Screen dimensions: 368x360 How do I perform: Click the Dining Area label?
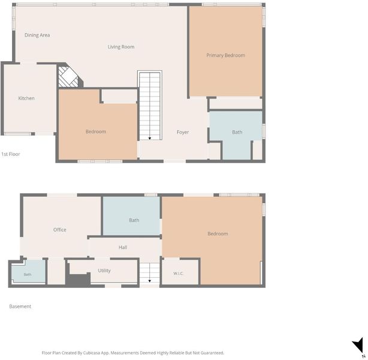[x=37, y=35]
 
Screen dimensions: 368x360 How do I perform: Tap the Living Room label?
[x=121, y=47]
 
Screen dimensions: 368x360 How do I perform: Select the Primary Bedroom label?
[x=225, y=55]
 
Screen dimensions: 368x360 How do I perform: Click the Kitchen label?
[x=26, y=98]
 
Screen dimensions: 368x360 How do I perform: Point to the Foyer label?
[x=183, y=132]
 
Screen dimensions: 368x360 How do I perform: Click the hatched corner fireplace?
[x=68, y=77]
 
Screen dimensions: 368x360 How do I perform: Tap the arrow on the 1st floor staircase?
[x=150, y=139]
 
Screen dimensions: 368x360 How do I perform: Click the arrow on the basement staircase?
[x=150, y=281]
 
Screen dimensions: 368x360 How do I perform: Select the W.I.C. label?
[x=179, y=273]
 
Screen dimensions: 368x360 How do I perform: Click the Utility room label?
[x=104, y=271]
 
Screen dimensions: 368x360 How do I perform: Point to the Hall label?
[x=123, y=247]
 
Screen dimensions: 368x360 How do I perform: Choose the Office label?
[x=59, y=230]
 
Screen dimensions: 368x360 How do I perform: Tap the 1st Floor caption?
[x=11, y=154]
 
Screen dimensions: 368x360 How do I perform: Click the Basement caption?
[x=20, y=306]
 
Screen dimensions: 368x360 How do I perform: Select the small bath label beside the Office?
[x=28, y=274]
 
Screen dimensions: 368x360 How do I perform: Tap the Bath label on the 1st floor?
[x=237, y=132]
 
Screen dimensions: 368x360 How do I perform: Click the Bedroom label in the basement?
[x=218, y=233]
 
